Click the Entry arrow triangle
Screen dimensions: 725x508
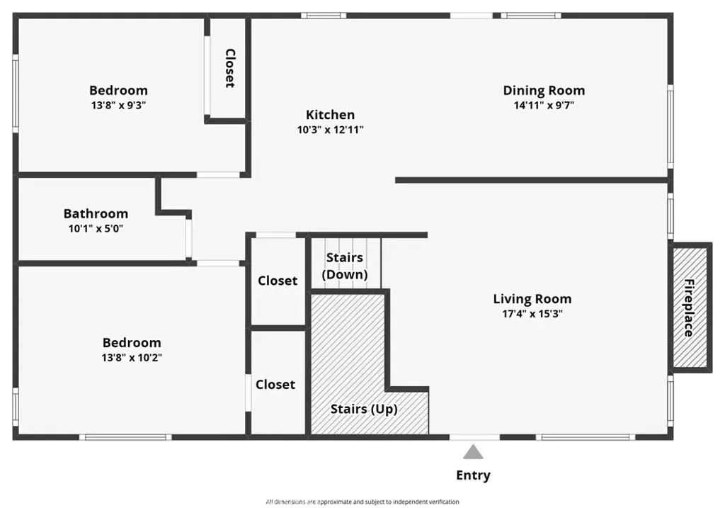473,452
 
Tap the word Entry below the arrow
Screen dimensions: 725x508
473,475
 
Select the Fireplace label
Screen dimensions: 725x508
690,307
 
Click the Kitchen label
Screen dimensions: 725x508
330,115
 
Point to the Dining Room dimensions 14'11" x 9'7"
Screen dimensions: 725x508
544,105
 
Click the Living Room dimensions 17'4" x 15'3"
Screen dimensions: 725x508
532,314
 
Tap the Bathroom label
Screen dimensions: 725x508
96,214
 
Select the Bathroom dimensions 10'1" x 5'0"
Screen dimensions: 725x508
96,229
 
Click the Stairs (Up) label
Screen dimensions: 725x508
364,409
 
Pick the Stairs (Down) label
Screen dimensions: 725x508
345,266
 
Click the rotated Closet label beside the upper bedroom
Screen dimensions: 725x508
230,68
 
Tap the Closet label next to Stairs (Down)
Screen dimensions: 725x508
278,281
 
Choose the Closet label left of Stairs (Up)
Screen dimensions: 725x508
275,385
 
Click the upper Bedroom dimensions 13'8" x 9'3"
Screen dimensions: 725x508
118,105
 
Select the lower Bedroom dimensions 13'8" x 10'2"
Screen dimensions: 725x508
132,358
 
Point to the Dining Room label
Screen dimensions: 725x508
544,91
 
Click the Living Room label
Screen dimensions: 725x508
532,299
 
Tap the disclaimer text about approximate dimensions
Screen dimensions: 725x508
362,502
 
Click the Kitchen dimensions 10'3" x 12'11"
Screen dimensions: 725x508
330,130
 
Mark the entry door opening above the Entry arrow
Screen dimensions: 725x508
475,436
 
